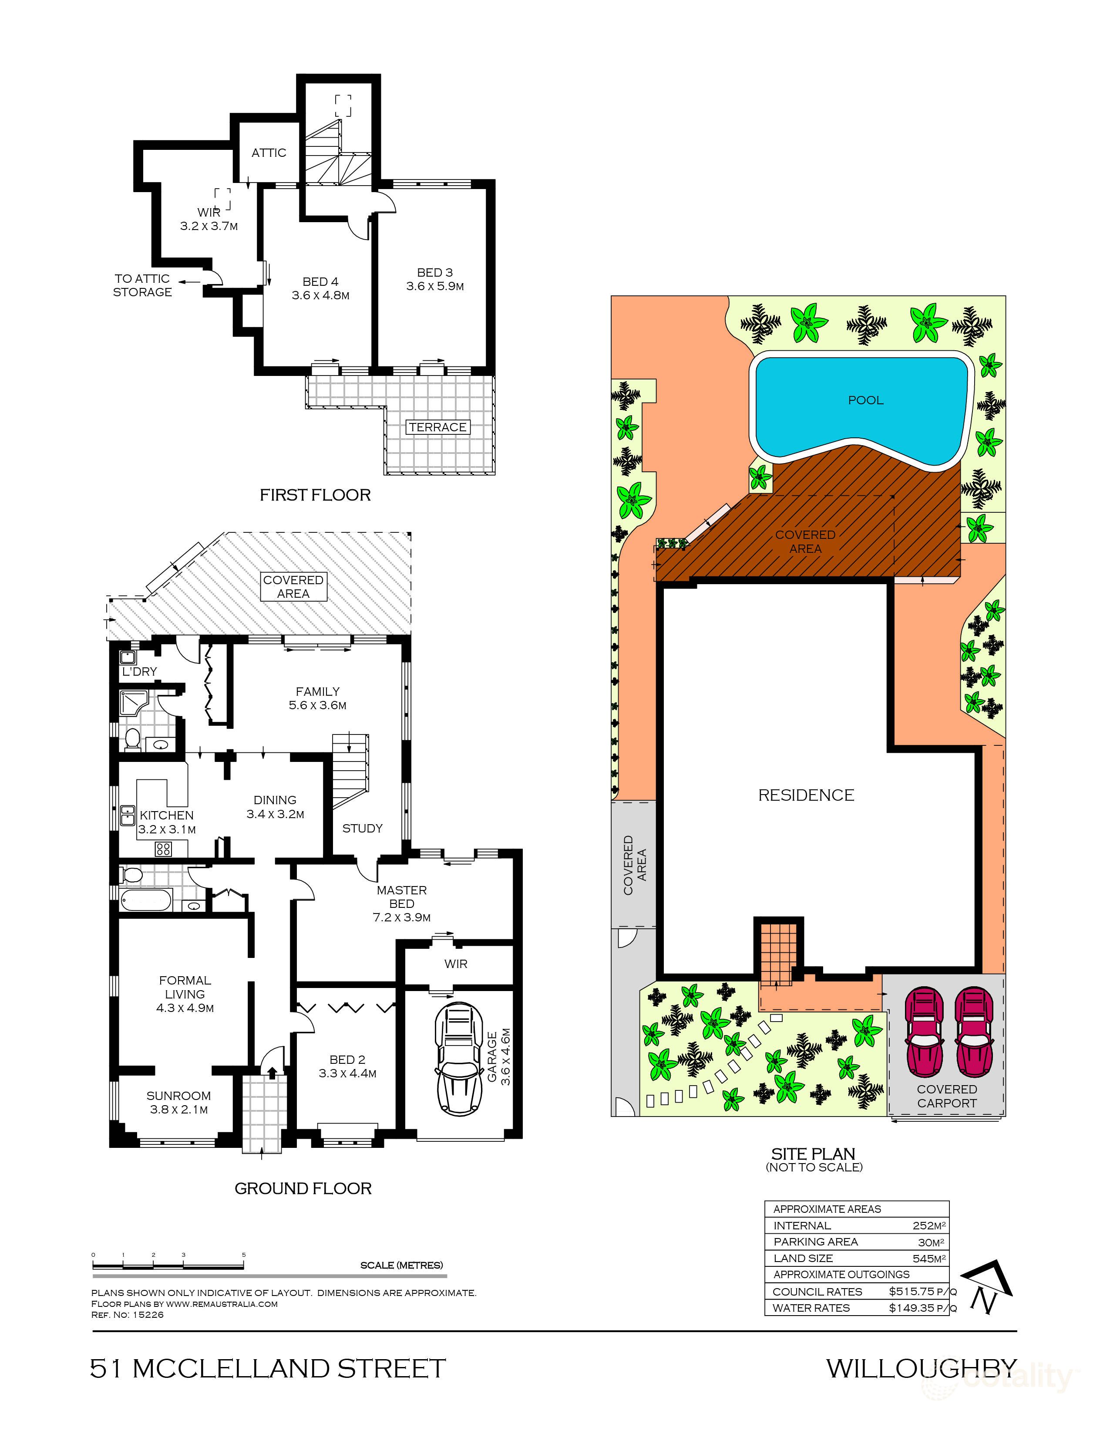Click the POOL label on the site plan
coord(865,400)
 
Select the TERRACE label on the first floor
coord(437,427)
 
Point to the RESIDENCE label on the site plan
coord(806,795)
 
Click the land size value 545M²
coord(929,1258)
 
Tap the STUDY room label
coord(362,828)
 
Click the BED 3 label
coord(435,273)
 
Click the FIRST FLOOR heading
coord(315,495)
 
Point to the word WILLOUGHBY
coord(921,1368)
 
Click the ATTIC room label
coord(269,153)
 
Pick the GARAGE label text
coord(492,1057)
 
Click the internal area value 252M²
coord(929,1225)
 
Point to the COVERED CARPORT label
coord(947,1096)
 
